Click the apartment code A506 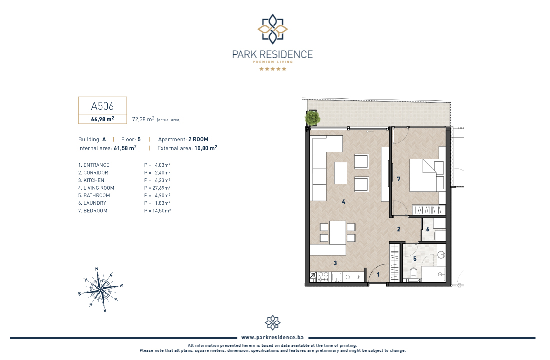pos(102,106)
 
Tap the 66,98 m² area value pos(102,119)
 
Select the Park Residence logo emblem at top pos(273,29)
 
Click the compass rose pos(101,289)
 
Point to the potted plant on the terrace pos(312,118)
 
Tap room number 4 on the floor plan pos(343,202)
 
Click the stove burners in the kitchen pos(323,277)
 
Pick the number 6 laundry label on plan pos(428,229)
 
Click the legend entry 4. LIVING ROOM pos(96,188)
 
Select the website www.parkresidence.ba pos(273,337)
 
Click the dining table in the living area pos(338,232)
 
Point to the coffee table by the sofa pos(341,173)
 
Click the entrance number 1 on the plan pos(378,275)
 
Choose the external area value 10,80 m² pos(206,148)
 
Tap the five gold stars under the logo pos(273,69)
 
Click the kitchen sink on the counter pos(337,277)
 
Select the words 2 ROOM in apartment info pos(198,139)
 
